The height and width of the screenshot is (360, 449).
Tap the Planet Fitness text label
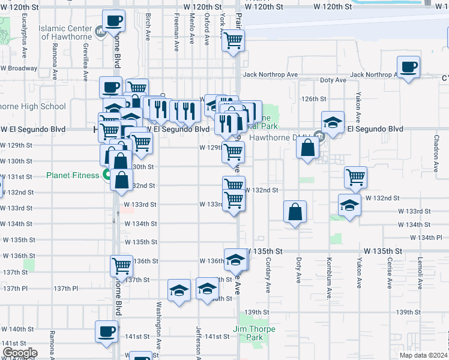point(73,176)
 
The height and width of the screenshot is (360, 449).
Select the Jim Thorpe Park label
point(255,333)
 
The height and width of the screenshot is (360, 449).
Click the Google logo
point(19,353)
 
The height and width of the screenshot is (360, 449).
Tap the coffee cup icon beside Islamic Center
point(113,22)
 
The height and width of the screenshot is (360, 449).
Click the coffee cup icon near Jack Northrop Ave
point(408,67)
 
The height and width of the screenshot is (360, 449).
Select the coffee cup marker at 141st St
point(107,331)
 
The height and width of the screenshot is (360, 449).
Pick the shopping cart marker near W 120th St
point(233,41)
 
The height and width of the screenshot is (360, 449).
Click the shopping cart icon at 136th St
point(121,265)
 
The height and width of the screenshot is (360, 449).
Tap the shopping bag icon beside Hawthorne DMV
point(307,148)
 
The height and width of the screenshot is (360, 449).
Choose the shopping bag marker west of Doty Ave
point(295,212)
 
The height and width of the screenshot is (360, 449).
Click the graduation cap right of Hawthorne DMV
point(333,122)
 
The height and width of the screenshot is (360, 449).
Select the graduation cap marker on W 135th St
point(236,259)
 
